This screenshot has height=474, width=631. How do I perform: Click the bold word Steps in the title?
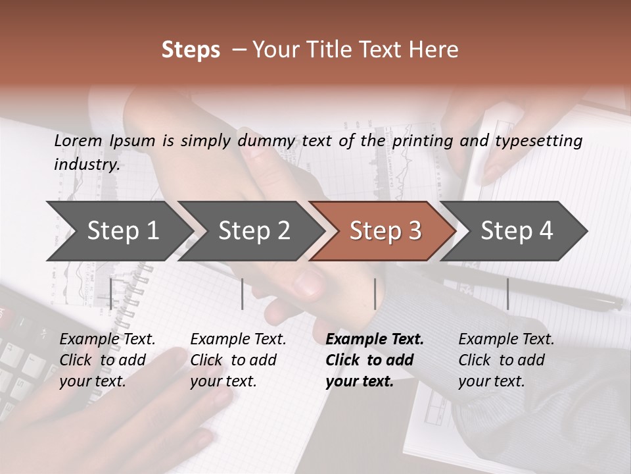tap(191, 50)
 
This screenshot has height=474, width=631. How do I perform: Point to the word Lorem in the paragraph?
tap(78, 140)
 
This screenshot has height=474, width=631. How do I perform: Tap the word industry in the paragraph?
tap(86, 165)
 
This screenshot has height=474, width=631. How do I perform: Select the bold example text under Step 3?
tap(374, 360)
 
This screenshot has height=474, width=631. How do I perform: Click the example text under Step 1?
tap(107, 360)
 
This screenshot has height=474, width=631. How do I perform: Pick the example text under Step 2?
tap(238, 360)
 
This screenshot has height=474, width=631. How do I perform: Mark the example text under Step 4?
tap(506, 360)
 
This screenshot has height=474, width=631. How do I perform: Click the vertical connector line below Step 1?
tap(111, 294)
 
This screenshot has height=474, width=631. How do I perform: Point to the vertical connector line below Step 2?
tap(243, 294)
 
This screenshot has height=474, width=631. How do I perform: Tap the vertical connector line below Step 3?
tap(375, 294)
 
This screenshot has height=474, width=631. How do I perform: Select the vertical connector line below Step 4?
tap(507, 294)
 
